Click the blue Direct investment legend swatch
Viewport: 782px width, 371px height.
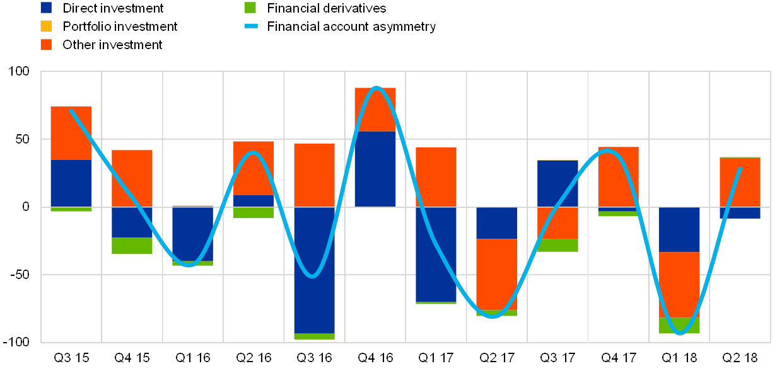point(46,8)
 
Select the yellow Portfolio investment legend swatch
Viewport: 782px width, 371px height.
point(46,26)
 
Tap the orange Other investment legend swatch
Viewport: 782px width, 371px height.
point(46,45)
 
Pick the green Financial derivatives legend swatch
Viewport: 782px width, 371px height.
point(250,8)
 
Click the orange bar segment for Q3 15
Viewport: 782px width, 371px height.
point(71,133)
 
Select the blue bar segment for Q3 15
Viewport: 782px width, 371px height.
point(71,183)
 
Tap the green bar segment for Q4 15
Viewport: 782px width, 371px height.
point(132,246)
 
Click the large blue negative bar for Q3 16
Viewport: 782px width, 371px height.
point(314,270)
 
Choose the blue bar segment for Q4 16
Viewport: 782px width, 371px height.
point(375,169)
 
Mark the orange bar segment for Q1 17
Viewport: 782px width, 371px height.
point(436,177)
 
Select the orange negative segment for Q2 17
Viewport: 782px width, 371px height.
point(496,275)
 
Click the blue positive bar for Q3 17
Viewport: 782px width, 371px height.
point(557,183)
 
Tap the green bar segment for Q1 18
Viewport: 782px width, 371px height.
point(679,326)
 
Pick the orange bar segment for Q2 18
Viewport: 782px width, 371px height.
point(740,182)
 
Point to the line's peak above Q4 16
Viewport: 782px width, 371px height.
point(376,88)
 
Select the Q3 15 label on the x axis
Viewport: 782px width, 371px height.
point(71,358)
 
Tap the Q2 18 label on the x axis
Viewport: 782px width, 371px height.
point(740,358)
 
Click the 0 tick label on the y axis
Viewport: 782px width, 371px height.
point(26,207)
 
